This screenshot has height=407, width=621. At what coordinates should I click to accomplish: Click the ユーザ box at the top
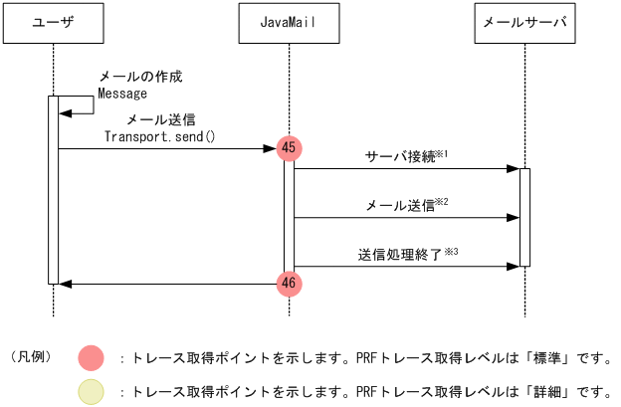(53, 23)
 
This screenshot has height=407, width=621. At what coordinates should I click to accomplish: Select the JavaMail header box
(289, 23)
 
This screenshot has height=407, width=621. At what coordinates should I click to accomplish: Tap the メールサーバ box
(523, 23)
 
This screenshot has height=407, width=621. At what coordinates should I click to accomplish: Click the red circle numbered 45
(289, 147)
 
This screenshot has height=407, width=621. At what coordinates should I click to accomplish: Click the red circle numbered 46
(289, 284)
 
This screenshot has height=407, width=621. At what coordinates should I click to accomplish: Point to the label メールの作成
(139, 77)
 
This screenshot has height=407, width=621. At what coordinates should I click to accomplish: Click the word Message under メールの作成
(122, 94)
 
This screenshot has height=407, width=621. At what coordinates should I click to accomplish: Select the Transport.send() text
(159, 136)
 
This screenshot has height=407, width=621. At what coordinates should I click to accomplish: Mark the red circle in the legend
(91, 356)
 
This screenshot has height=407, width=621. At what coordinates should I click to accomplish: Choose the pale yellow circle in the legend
(91, 392)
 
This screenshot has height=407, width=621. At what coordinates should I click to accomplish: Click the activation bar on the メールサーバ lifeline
(524, 217)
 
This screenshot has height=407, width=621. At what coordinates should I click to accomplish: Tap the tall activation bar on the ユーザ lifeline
(53, 189)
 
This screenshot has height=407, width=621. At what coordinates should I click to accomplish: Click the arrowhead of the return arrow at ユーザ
(65, 284)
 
